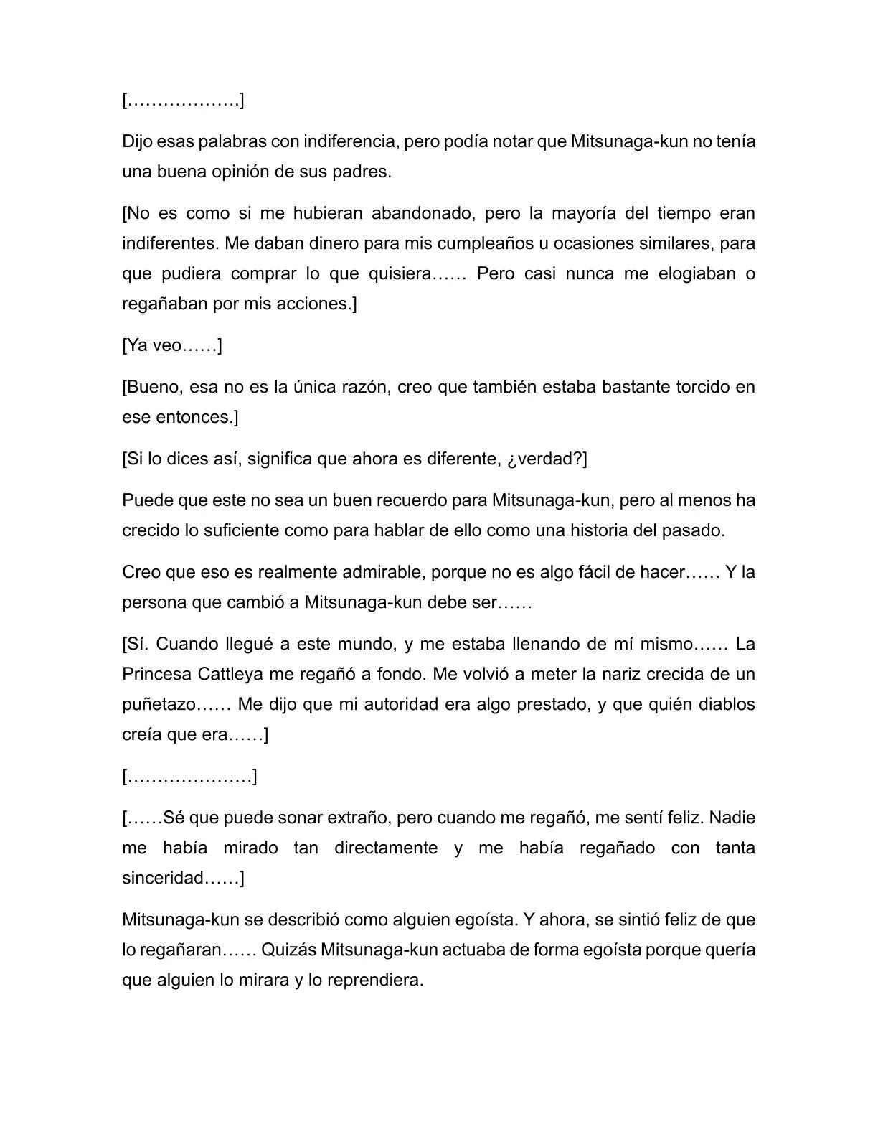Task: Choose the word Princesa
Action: pos(157,674)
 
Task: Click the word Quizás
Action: pos(288,950)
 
